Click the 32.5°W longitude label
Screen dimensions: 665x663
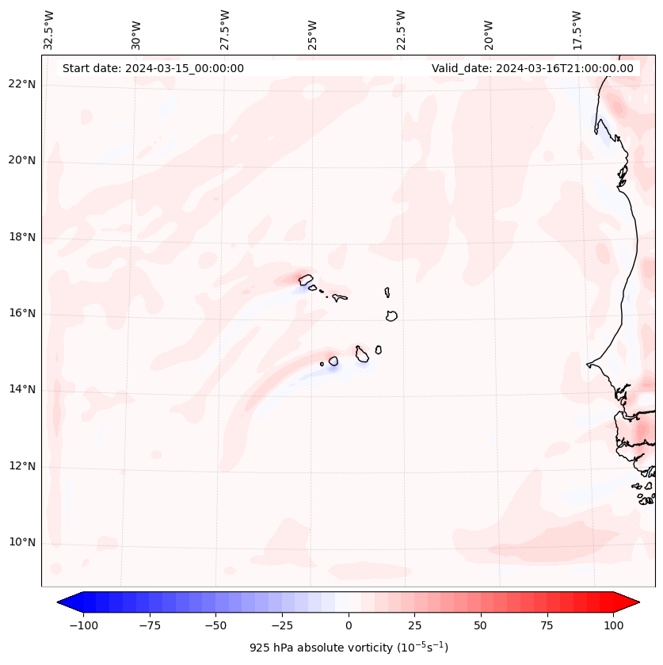[49, 30]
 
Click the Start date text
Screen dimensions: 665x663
[153, 68]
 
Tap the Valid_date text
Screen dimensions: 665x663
[532, 68]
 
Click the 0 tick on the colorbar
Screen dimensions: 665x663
[349, 625]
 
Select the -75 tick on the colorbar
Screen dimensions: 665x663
[150, 625]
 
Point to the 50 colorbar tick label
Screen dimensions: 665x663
[481, 625]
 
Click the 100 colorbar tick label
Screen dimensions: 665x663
[613, 625]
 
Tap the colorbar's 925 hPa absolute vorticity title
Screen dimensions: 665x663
[349, 648]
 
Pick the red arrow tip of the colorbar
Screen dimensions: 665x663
[634, 602]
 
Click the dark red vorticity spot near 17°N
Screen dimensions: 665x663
[303, 278]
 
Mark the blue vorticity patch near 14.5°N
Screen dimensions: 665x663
[332, 365]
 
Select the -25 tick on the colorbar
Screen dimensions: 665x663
[282, 625]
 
